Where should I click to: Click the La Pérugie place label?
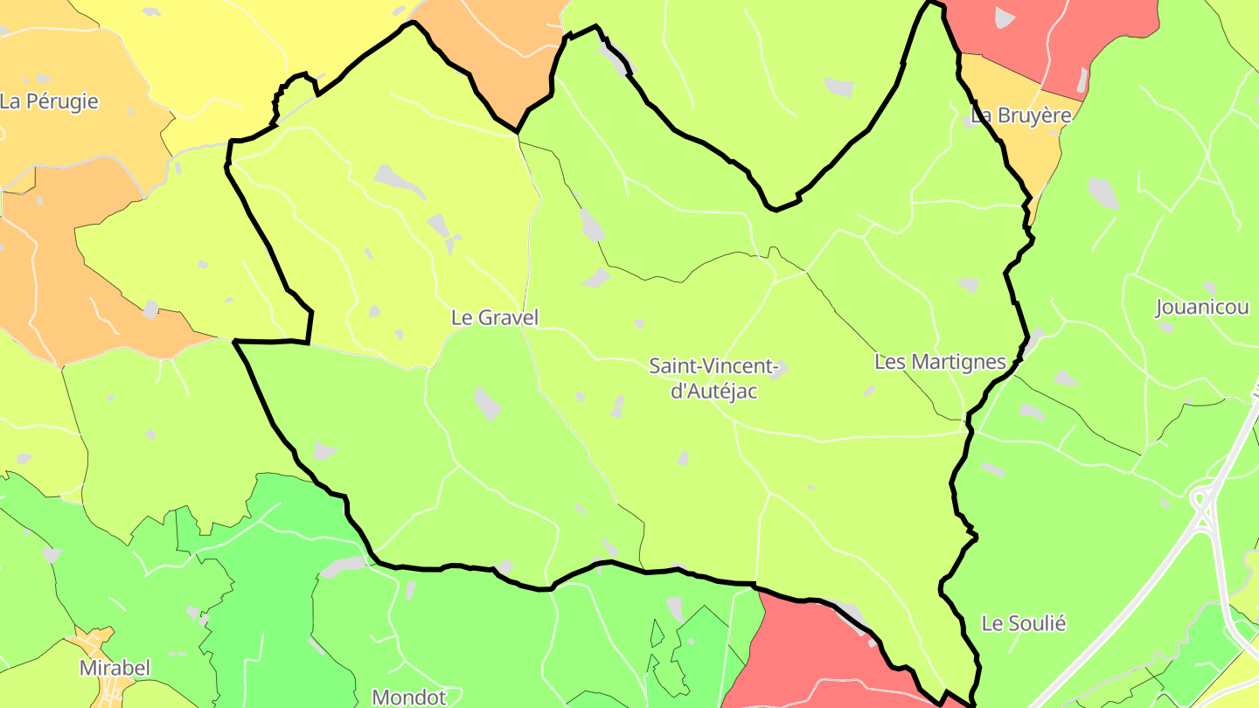[x=49, y=101]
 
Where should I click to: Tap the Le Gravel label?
[x=495, y=318]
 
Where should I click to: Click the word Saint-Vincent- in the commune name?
[x=713, y=366]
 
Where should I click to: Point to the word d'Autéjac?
[x=713, y=392]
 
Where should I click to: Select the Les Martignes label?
[x=940, y=362]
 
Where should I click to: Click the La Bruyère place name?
[x=1021, y=116]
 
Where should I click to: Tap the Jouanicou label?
[x=1202, y=308]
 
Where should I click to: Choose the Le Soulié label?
[x=1024, y=624]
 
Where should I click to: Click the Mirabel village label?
[x=115, y=669]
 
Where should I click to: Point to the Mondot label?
[x=409, y=697]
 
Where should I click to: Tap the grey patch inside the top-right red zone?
[x=1005, y=17]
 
